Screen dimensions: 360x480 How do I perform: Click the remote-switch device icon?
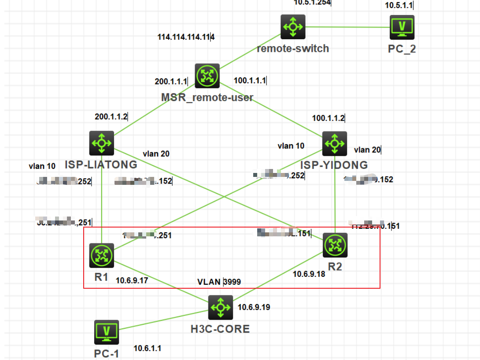point(293,27)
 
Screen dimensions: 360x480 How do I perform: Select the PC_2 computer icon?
point(402,27)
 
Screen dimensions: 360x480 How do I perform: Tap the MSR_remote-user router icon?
point(207,76)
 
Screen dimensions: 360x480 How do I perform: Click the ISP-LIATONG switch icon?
point(102,143)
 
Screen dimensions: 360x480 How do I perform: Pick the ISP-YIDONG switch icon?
point(335,143)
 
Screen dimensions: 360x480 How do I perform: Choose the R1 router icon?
point(102,255)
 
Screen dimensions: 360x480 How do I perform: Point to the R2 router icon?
point(335,246)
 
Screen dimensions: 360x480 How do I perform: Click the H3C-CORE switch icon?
point(220,307)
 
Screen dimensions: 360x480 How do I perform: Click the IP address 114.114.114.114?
point(186,37)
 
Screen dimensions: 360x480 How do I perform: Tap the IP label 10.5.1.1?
point(399,6)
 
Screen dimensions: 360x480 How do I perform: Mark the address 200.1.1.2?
point(111,117)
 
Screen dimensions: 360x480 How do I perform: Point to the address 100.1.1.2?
point(329,118)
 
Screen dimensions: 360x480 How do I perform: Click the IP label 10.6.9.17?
point(132,280)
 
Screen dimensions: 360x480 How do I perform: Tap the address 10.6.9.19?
point(254,307)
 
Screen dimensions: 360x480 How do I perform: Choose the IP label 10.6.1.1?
point(147,348)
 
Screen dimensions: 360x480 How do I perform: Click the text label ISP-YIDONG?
point(334,165)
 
